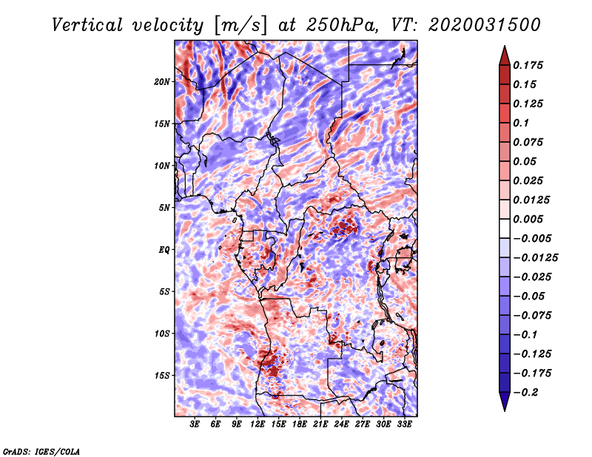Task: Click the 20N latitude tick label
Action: (162, 82)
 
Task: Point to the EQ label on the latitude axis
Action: (164, 250)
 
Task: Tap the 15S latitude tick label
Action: (162, 376)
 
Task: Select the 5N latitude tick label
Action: (164, 208)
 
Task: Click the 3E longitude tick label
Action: (195, 424)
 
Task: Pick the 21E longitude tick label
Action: (320, 424)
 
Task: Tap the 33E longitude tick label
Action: (404, 424)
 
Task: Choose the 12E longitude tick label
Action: (258, 424)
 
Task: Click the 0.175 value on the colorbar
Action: (528, 65)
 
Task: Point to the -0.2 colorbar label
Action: (526, 393)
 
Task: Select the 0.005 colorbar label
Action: (528, 219)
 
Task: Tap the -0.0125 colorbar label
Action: (535, 258)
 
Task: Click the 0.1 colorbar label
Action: (521, 123)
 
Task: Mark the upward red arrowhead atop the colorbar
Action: (505, 55)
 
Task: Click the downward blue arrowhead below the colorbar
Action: (505, 402)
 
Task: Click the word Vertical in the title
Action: (87, 25)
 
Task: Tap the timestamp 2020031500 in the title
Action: (485, 25)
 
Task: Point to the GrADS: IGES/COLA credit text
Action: (41, 451)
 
